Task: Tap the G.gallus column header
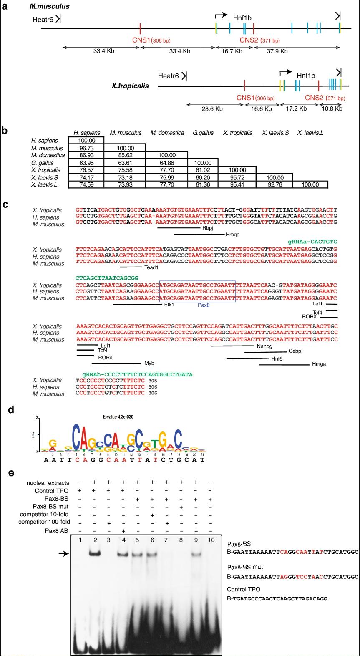tap(203, 133)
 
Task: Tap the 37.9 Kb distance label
tap(277, 51)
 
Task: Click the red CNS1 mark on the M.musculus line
tap(140, 29)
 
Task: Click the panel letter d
tap(11, 410)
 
